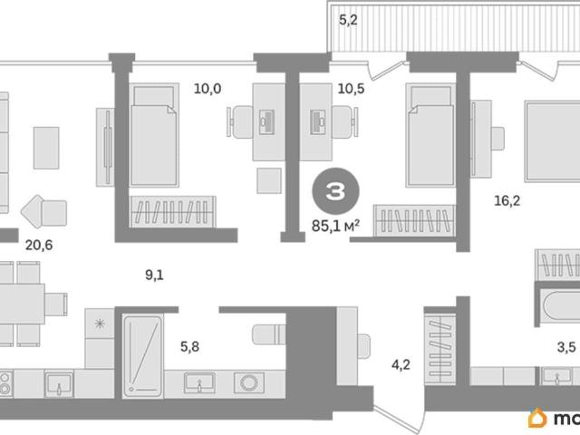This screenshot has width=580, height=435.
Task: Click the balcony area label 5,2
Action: pyautogui.click(x=348, y=20)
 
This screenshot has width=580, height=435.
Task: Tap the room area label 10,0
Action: pyautogui.click(x=208, y=89)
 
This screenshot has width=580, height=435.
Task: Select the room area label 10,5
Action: pyautogui.click(x=351, y=89)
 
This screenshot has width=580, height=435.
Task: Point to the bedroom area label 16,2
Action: pyautogui.click(x=507, y=201)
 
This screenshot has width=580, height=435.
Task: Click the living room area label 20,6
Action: pyautogui.click(x=39, y=245)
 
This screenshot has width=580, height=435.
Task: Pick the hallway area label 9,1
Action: pyautogui.click(x=154, y=275)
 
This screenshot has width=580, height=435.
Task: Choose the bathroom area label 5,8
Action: pyautogui.click(x=189, y=346)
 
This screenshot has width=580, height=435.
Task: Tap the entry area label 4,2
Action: pyautogui.click(x=401, y=365)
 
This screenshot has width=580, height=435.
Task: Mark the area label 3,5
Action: pyautogui.click(x=566, y=348)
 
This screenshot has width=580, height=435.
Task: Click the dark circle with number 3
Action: pyautogui.click(x=335, y=191)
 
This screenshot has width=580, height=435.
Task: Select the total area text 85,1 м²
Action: pyautogui.click(x=336, y=226)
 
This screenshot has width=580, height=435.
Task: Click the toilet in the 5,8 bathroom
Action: pyautogui.click(x=269, y=334)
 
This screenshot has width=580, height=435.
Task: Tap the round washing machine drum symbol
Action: pyautogui.click(x=249, y=382)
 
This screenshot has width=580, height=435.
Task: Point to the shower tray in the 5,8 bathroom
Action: pyautogui.click(x=142, y=356)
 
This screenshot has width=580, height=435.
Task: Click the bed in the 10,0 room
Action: pyautogui.click(x=154, y=135)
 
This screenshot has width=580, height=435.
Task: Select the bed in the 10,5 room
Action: pyautogui.click(x=431, y=135)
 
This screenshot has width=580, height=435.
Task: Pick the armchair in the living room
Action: pyautogui.click(x=43, y=211)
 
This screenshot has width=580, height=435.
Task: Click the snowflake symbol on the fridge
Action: pyautogui.click(x=100, y=324)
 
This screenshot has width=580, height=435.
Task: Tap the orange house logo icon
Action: pyautogui.click(x=537, y=418)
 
